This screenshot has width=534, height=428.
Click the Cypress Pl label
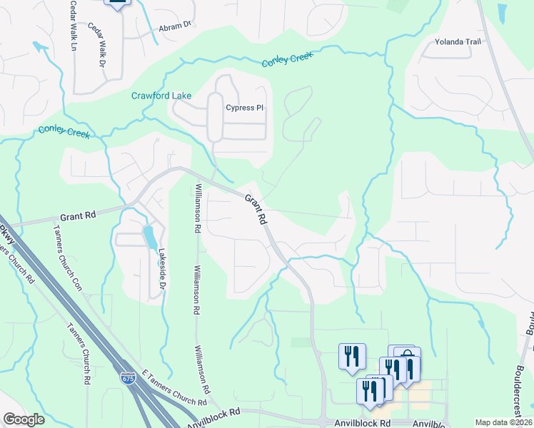pyautogui.click(x=245, y=108)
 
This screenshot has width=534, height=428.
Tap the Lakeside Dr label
pyautogui.click(x=162, y=264)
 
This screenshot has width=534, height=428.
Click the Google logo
pyautogui.click(x=24, y=419)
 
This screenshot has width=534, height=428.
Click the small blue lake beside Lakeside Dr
pyautogui.click(x=148, y=237)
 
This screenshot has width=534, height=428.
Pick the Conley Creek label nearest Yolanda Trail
pyautogui.click(x=288, y=60)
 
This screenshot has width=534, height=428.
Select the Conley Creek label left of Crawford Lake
pyautogui.click(x=64, y=131)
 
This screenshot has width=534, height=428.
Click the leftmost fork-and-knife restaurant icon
pyautogui.click(x=352, y=356)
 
